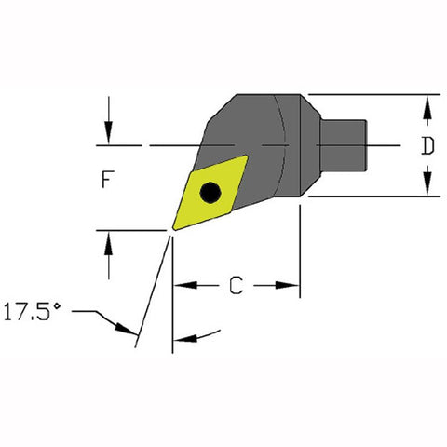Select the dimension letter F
click(x=108, y=183)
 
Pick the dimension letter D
click(x=427, y=145)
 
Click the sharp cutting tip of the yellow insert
click(x=173, y=228)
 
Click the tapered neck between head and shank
click(x=314, y=145)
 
